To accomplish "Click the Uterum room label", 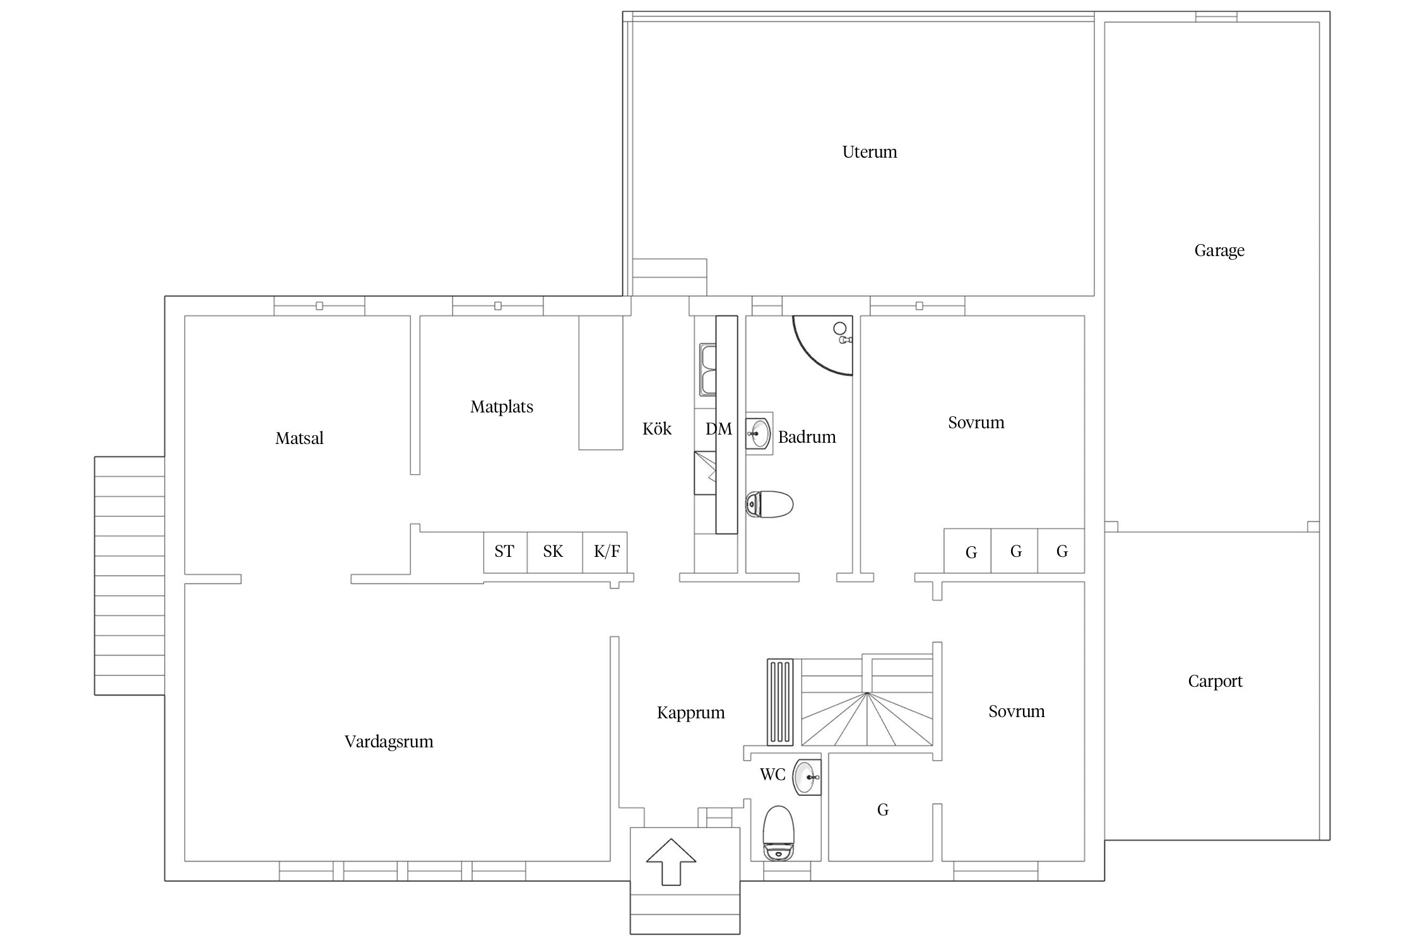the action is click(x=869, y=152).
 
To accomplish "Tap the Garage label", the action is click(x=1219, y=251).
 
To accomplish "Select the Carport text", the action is click(x=1215, y=682).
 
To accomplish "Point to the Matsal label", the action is click(x=299, y=438).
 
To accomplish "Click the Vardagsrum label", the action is click(x=389, y=742).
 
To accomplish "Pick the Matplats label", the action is click(x=502, y=407).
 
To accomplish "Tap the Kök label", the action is click(x=657, y=429).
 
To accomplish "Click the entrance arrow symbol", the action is click(x=672, y=861).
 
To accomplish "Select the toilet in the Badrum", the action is click(x=769, y=504).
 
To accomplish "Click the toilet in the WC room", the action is click(x=778, y=833).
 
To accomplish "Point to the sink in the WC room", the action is click(x=807, y=778).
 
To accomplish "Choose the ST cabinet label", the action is click(x=504, y=552).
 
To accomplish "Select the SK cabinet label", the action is click(x=553, y=552).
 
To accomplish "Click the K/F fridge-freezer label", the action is click(x=606, y=552).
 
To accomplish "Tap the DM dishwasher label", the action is click(x=719, y=429).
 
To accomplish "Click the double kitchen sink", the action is click(x=707, y=370).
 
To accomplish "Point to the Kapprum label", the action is click(x=691, y=713).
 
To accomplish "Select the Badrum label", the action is click(x=807, y=437).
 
